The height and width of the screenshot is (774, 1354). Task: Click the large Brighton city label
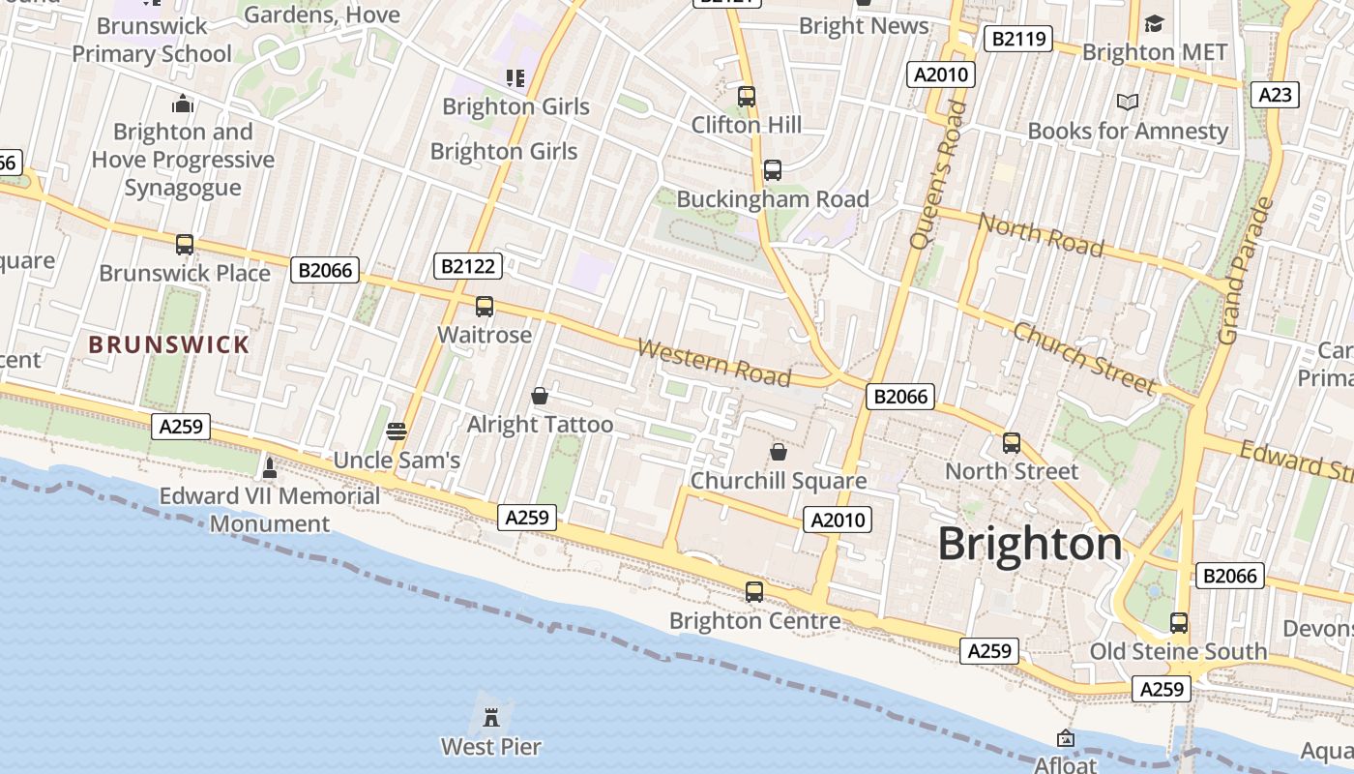(1030, 545)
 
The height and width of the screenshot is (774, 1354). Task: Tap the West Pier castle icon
(491, 718)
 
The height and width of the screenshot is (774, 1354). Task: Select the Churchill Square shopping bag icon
(779, 452)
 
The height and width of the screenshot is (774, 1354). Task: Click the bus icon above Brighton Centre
(754, 591)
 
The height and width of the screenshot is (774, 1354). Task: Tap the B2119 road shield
(1017, 39)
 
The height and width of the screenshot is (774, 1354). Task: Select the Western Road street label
(714, 362)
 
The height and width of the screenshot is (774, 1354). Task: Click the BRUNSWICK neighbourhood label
(169, 344)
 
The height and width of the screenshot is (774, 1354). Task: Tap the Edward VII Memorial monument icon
(270, 468)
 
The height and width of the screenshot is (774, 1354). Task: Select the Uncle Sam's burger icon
(397, 432)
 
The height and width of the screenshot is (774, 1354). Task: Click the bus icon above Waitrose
(485, 307)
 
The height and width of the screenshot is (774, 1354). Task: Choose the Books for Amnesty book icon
(1127, 102)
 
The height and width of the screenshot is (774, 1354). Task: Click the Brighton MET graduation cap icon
(1154, 23)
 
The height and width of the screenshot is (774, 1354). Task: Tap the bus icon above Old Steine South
(1178, 622)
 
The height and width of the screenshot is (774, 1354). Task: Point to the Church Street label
(1083, 358)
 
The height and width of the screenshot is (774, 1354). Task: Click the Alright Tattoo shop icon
(540, 396)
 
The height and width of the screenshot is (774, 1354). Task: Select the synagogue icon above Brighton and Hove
(183, 104)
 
